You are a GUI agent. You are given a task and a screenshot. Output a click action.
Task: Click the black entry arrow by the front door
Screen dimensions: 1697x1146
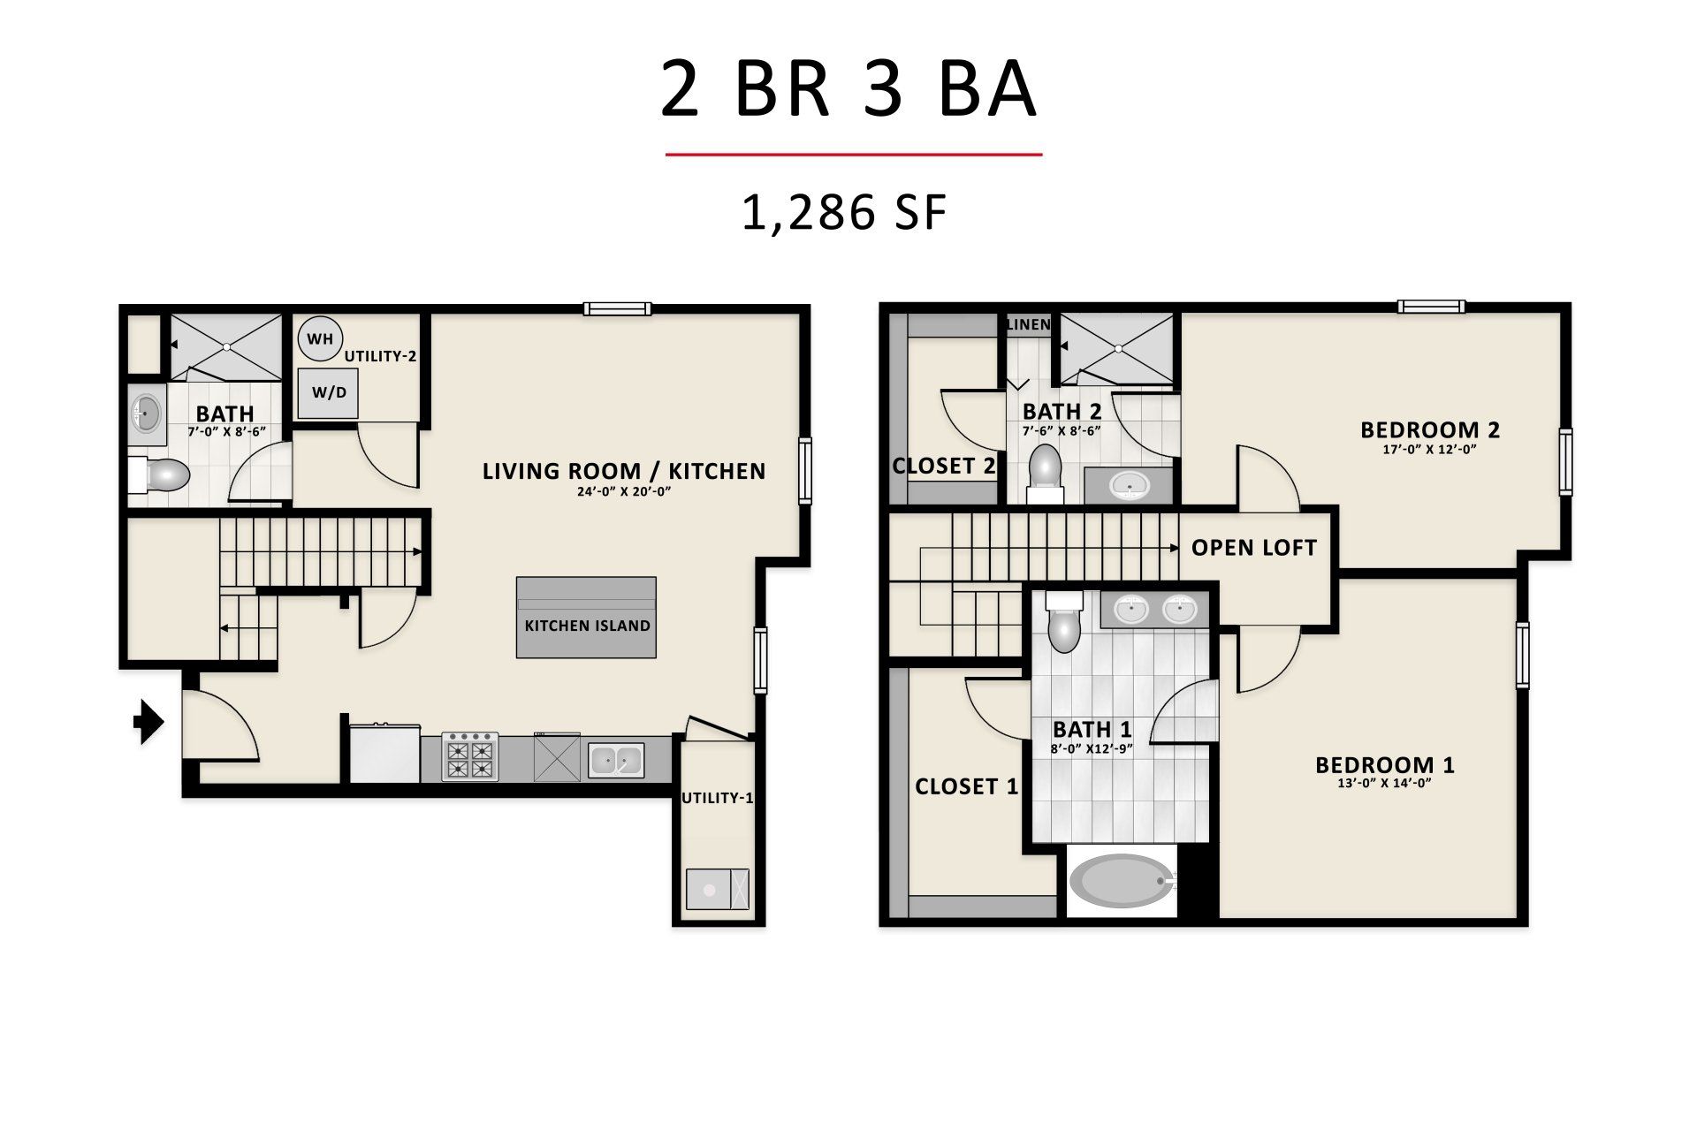[148, 722]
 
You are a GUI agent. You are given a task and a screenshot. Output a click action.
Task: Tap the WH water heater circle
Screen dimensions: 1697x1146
[320, 338]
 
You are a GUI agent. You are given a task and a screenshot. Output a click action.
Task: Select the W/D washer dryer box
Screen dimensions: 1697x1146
[328, 392]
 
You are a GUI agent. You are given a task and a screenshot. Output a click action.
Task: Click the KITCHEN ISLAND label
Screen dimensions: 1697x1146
[587, 626]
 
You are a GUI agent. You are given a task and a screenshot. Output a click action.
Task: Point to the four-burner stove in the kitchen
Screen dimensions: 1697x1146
[469, 756]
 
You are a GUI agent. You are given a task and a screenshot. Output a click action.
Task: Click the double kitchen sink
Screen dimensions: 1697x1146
[616, 760]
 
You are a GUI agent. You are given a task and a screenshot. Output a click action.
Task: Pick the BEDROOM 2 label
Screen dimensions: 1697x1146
[1430, 430]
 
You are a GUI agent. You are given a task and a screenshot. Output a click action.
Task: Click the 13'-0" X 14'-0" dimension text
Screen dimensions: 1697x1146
[1384, 783]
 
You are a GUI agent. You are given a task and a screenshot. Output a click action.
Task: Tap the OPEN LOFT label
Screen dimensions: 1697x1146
[1253, 548]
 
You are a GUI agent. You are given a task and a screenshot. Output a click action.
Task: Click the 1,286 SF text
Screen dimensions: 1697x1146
[844, 213]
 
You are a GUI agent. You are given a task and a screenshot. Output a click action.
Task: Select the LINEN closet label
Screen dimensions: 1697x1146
[1028, 324]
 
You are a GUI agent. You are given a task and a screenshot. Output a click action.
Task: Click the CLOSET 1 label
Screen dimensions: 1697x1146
[966, 786]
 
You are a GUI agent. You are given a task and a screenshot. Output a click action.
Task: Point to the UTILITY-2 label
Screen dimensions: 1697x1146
[380, 356]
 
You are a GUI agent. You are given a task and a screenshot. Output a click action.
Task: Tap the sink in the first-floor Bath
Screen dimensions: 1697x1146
[147, 412]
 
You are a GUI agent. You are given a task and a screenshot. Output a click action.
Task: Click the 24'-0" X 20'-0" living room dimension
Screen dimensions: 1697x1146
[624, 491]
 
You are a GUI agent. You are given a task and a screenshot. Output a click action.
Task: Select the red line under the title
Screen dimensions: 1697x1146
[854, 155]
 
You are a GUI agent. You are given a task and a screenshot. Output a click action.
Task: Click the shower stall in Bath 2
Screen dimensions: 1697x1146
[1116, 348]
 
